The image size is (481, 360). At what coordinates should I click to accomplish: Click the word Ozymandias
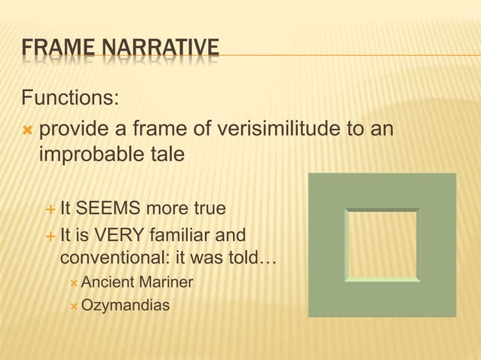pos(125,306)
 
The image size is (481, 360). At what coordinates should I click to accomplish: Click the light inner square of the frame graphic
pos(381,245)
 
